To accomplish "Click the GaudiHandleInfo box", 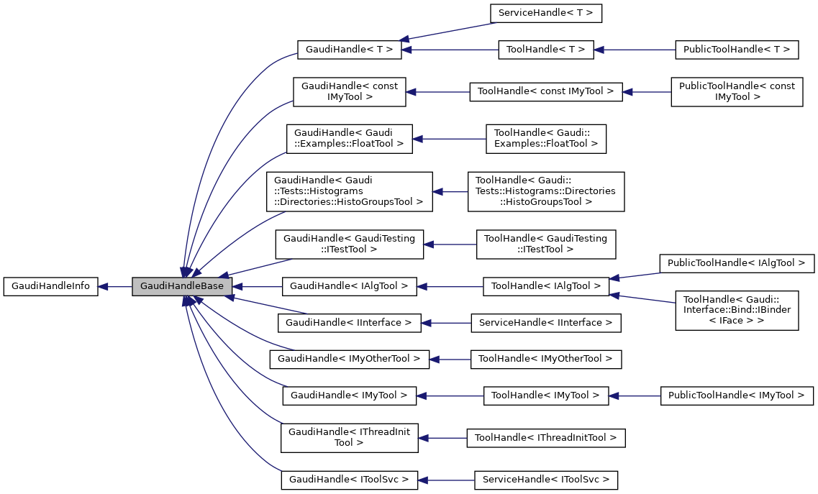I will pyautogui.click(x=50, y=286).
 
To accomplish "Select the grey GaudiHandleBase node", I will pyautogui.click(x=182, y=286).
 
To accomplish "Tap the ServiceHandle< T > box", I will pyautogui.click(x=545, y=13).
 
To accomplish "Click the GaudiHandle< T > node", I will pyautogui.click(x=348, y=50).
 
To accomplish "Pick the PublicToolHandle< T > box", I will pyautogui.click(x=737, y=50).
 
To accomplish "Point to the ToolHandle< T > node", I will pyautogui.click(x=546, y=50).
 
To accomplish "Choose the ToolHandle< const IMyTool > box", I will pyautogui.click(x=546, y=91).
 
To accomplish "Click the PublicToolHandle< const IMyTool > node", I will pyautogui.click(x=737, y=91).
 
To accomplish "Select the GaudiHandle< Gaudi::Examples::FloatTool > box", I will pyautogui.click(x=349, y=138).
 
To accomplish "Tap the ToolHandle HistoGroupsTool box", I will pyautogui.click(x=545, y=191).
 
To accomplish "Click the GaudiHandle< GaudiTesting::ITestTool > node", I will pyautogui.click(x=349, y=244).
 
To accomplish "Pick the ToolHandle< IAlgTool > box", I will pyautogui.click(x=546, y=286).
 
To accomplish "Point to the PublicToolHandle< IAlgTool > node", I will pyautogui.click(x=737, y=264).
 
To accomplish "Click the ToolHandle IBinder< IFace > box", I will pyautogui.click(x=737, y=310).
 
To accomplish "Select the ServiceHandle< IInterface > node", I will pyautogui.click(x=545, y=323).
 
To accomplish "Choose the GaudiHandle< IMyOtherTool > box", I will pyautogui.click(x=349, y=358).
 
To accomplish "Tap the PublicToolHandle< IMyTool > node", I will pyautogui.click(x=737, y=395).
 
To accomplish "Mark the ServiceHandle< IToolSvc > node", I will pyautogui.click(x=545, y=479).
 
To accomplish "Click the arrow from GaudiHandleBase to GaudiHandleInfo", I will pyautogui.click(x=115, y=286).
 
